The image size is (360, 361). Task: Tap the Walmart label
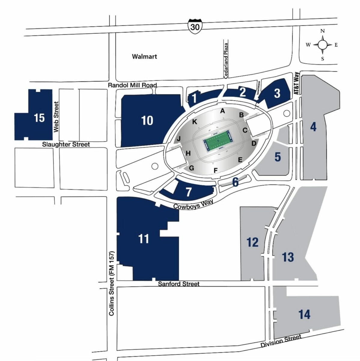(x=145, y=56)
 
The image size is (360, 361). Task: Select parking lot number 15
(x=39, y=118)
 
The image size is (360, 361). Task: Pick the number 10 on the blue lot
(x=147, y=120)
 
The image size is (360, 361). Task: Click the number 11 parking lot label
(x=144, y=239)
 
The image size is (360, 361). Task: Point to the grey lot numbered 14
(x=304, y=314)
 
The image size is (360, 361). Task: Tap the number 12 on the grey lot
(x=252, y=242)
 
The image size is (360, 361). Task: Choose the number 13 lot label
(x=288, y=257)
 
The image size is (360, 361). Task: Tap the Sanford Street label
(x=178, y=284)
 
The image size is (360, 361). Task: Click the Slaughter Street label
(x=66, y=144)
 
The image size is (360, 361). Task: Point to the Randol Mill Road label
(x=132, y=85)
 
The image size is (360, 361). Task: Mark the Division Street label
(x=281, y=341)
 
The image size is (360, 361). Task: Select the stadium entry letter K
(x=195, y=122)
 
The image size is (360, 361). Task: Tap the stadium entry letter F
(x=215, y=171)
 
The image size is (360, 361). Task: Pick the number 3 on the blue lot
(x=277, y=93)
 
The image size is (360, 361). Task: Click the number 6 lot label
(x=235, y=182)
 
